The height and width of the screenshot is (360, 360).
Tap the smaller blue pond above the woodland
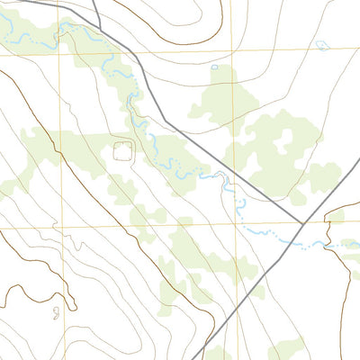tap(214, 67)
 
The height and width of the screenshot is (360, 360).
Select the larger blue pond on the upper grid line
tap(320, 44)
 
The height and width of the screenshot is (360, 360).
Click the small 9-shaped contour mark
tap(56, 311)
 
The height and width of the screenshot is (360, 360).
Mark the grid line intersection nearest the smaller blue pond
tap(231, 50)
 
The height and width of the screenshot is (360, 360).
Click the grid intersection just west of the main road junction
tap(232, 225)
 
